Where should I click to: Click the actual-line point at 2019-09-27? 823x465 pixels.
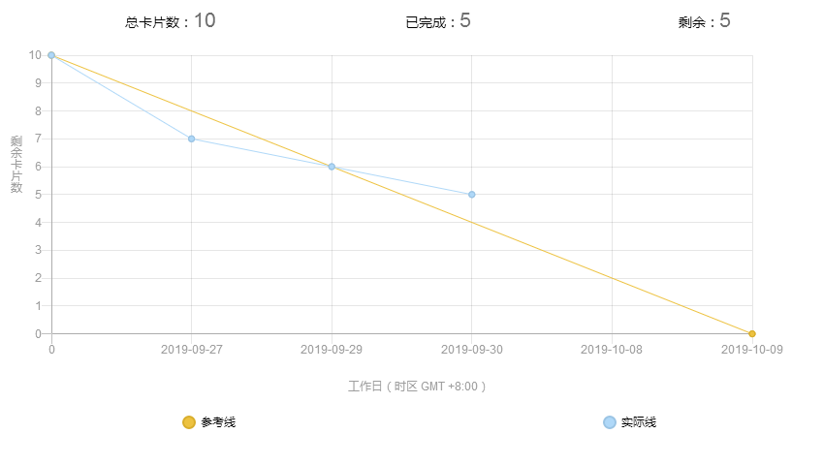[x=191, y=139]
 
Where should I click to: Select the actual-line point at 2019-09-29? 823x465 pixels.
[x=332, y=167]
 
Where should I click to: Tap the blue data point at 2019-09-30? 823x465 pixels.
[x=472, y=195]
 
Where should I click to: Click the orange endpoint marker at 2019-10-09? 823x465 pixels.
[x=752, y=333]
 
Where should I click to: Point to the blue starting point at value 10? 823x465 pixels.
[x=51, y=55]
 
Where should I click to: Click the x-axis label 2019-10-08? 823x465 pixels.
[x=612, y=350]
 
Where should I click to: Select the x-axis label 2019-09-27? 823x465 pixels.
[x=191, y=350]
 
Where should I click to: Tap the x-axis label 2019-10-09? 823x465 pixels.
[x=751, y=350]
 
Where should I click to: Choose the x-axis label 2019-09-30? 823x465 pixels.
[x=472, y=350]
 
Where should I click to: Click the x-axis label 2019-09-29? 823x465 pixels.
[x=332, y=350]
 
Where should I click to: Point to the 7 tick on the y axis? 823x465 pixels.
[x=39, y=139]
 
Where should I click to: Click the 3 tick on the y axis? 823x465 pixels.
[x=39, y=250]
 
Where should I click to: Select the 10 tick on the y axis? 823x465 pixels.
[x=36, y=55]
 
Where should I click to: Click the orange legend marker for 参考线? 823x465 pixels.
[x=189, y=421]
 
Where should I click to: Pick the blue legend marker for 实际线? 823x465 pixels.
[x=609, y=421]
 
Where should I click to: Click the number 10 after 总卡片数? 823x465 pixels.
[x=205, y=20]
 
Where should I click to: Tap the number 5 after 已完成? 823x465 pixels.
[x=465, y=20]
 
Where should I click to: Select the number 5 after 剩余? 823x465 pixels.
[x=725, y=20]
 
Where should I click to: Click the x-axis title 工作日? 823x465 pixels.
[x=417, y=386]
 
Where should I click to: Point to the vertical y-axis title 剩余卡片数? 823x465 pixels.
[x=16, y=165]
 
